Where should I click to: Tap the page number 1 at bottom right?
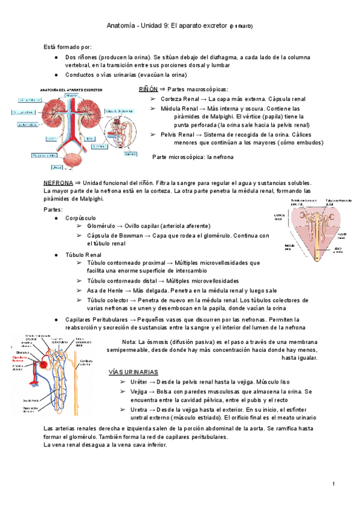tap(333, 484)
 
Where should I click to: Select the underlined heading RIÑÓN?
tap(148, 88)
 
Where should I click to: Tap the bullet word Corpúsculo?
tap(81, 217)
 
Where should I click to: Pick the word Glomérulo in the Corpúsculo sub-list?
tap(104, 226)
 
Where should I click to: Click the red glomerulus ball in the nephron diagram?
tap(43, 364)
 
